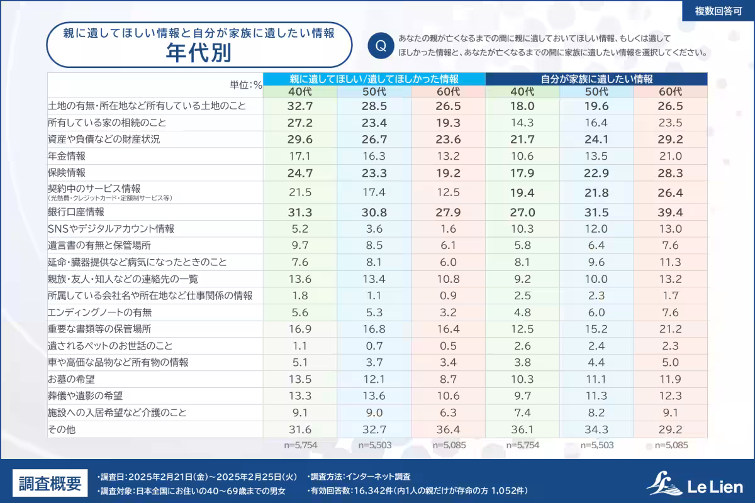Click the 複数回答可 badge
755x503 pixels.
point(718,11)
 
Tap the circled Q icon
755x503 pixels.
point(381,46)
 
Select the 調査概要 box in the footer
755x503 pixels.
point(50,484)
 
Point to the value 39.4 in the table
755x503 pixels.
point(670,212)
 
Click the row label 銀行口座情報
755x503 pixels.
point(76,212)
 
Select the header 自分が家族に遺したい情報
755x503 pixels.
point(596,79)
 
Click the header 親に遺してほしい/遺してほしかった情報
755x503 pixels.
point(374,79)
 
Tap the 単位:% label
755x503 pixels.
point(247,85)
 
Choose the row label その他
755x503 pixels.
point(61,429)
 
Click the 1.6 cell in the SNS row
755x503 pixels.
point(448,229)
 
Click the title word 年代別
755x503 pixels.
point(198,53)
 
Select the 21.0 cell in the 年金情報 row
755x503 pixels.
point(670,156)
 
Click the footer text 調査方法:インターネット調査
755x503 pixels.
point(360,477)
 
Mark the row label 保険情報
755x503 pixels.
point(67,172)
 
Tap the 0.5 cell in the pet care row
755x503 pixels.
point(448,346)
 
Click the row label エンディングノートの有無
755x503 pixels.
point(100,312)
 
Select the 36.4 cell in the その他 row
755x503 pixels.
point(448,429)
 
